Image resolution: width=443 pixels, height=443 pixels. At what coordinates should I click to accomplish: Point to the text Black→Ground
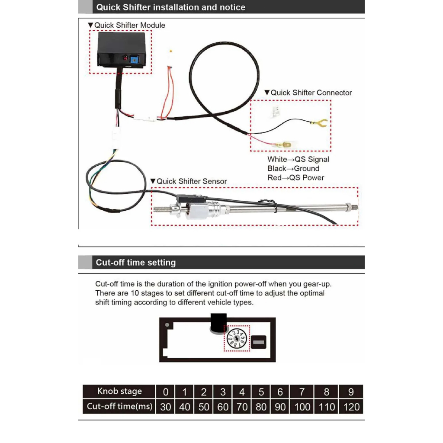click(293, 168)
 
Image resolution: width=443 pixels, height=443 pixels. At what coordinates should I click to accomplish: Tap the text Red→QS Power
click(295, 177)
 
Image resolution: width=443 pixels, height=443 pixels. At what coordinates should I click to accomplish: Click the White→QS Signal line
click(298, 159)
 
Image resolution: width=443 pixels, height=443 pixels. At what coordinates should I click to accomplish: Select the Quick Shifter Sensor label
click(192, 181)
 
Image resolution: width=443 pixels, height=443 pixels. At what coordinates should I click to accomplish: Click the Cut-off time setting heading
click(136, 263)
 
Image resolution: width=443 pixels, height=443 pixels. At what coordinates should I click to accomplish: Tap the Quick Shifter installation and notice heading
click(170, 7)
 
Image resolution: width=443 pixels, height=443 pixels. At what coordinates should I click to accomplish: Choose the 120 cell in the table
click(351, 406)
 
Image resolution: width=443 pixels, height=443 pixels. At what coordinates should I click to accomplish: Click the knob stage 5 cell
click(261, 392)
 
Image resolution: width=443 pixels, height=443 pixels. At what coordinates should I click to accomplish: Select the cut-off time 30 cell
click(166, 406)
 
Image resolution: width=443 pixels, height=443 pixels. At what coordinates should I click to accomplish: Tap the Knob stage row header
click(119, 392)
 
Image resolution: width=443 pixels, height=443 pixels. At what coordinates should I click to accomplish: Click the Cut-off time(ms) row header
click(119, 406)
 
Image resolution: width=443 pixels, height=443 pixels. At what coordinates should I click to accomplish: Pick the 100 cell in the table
click(302, 406)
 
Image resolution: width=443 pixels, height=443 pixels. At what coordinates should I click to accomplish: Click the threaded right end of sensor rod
click(353, 207)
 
